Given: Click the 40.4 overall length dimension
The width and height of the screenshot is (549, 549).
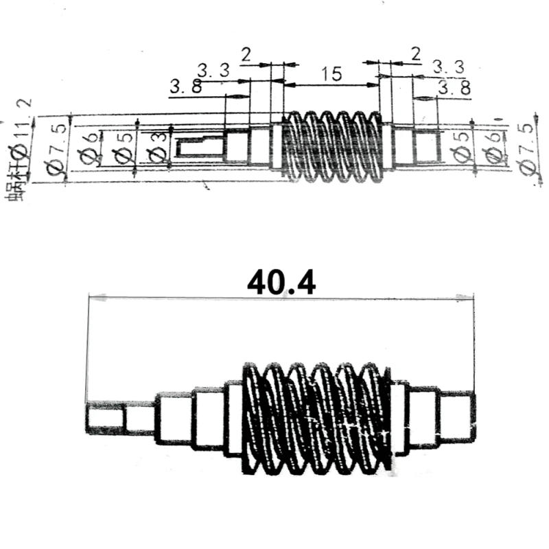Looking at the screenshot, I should click(281, 282).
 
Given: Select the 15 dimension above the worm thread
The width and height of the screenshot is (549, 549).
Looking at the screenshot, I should click(331, 74).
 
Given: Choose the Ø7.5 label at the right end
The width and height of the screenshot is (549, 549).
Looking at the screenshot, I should click(526, 149).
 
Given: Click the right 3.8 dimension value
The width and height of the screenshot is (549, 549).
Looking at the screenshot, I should click(454, 88).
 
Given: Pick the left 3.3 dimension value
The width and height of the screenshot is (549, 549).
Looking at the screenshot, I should click(213, 69).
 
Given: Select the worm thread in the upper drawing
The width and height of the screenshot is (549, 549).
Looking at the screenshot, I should click(332, 147).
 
